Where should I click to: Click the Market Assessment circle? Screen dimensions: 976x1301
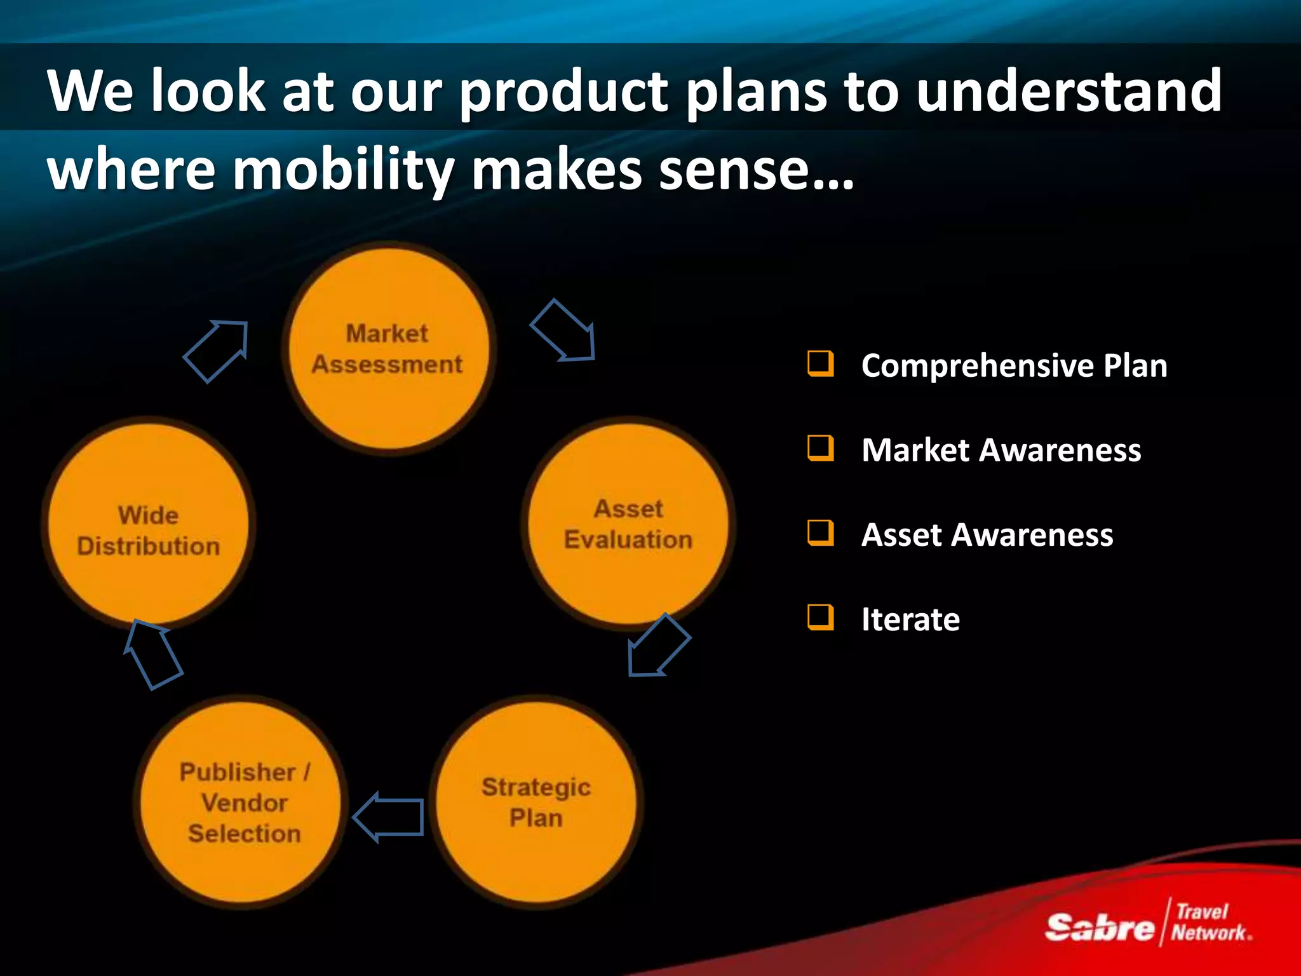388,349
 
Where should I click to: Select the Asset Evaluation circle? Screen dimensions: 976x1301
628,524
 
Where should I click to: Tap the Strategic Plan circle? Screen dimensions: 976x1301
536,802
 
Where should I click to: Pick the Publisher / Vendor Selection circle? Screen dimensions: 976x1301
243,802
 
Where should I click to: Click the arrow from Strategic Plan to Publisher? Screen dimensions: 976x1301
389,817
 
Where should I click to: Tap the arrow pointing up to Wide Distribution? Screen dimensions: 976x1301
152,654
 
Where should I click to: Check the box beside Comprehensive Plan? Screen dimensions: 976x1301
820,363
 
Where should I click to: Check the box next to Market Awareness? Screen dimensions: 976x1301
820,448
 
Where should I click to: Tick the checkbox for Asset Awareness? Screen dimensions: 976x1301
820,532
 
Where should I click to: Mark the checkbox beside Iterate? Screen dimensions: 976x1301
820,617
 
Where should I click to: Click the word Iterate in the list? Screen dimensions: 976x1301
910,620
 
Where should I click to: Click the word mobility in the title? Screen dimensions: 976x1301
343,170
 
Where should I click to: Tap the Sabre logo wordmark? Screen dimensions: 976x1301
1099,927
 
